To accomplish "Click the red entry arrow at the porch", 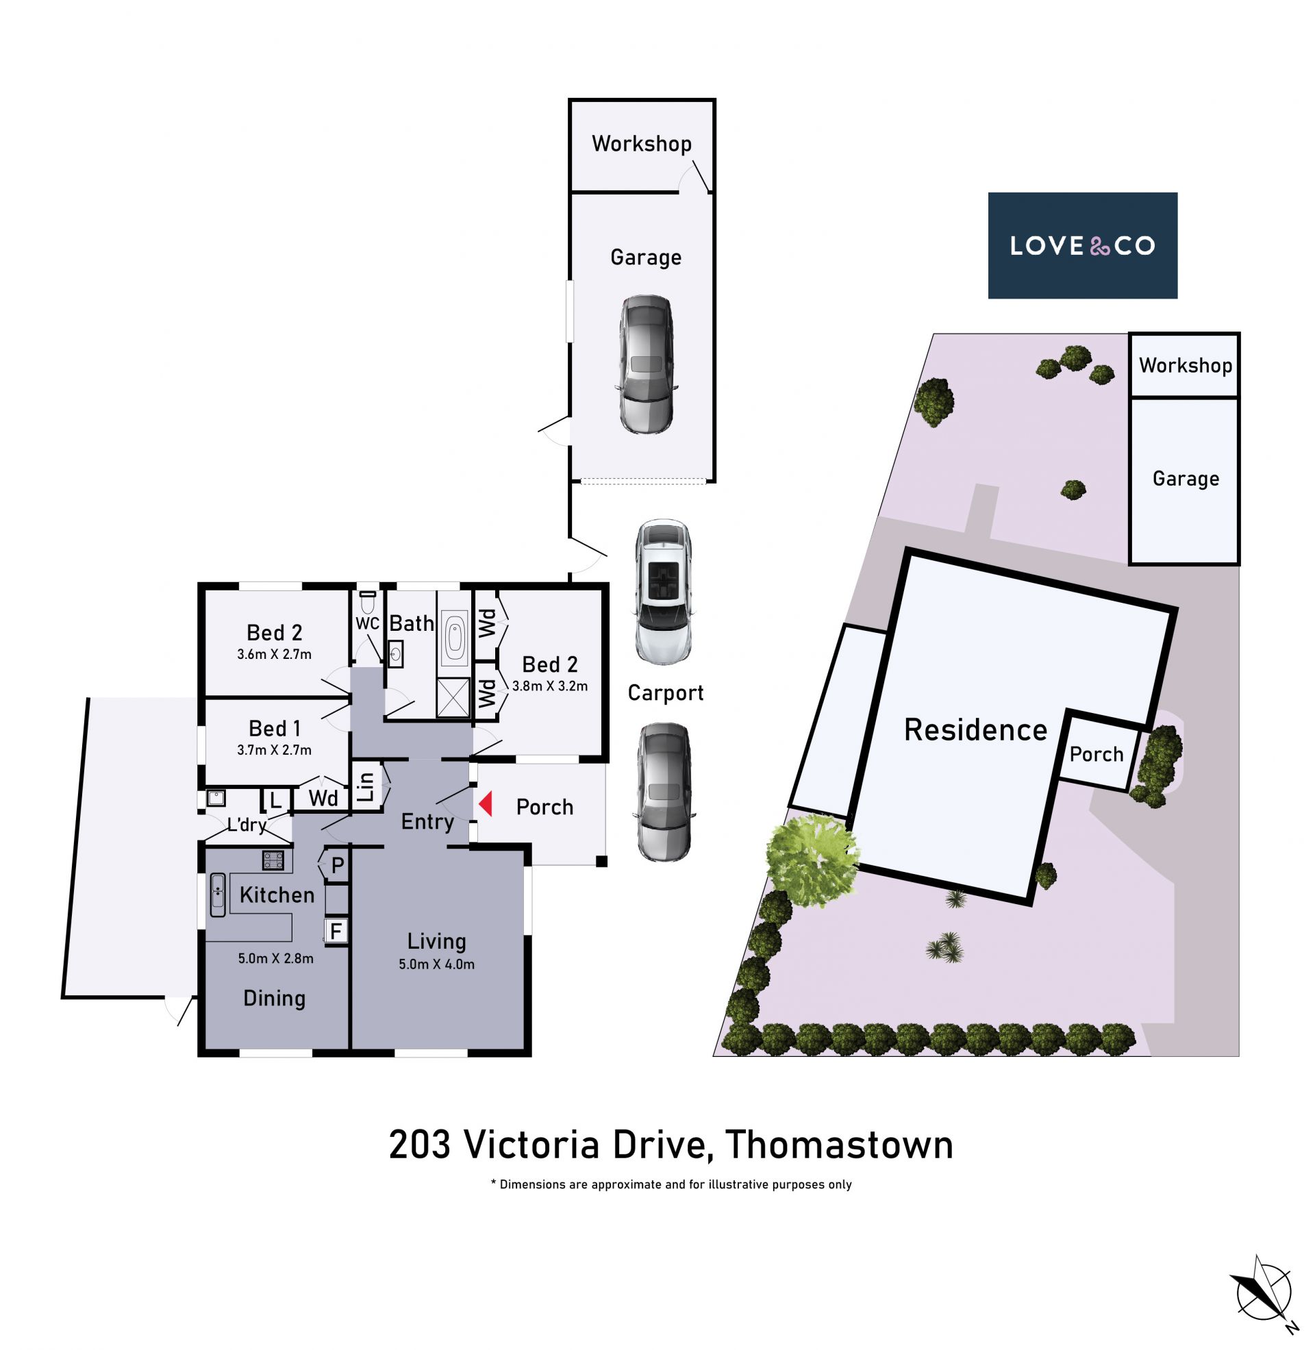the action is point(486,804).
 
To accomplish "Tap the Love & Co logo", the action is point(1082,245).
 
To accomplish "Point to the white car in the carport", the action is point(664,592).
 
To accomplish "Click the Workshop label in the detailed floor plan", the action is point(642,144).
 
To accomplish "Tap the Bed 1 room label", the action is point(274,729).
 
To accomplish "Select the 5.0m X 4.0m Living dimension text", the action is point(436,964).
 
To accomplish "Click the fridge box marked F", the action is point(336,931).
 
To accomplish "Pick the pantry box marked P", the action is point(336,864).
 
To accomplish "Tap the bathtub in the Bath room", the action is point(454,636).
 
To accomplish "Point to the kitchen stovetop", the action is point(273,860).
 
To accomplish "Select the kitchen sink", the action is point(218,895).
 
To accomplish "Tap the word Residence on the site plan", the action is point(975,730).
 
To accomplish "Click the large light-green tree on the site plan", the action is point(812,860).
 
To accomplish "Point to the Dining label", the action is point(274,999).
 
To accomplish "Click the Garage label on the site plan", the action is point(1186,479).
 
